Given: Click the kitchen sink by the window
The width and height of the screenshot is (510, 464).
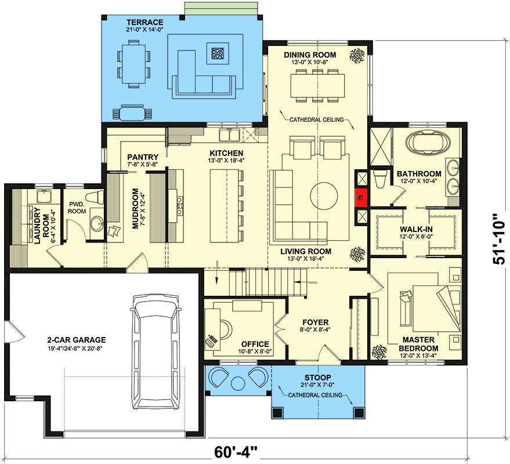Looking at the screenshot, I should pos(230,136).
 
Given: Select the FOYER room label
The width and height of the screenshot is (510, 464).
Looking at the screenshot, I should pos(315,322).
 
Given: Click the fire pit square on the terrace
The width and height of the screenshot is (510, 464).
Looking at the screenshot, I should pos(219,53).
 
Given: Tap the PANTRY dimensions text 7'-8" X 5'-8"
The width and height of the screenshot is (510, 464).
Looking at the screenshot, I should pos(143,165).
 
